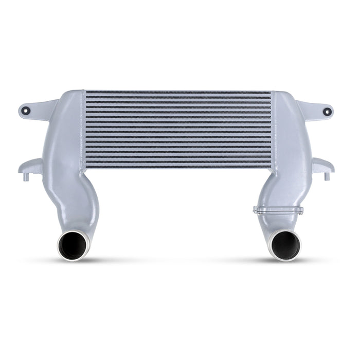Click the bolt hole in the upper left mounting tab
coord(29,110)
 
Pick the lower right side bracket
coord(323,165)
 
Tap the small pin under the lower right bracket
coord(326,177)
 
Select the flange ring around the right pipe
coord(278,210)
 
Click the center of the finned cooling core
coord(178,130)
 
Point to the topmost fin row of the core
coord(178,94)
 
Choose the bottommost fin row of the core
coord(178,166)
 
